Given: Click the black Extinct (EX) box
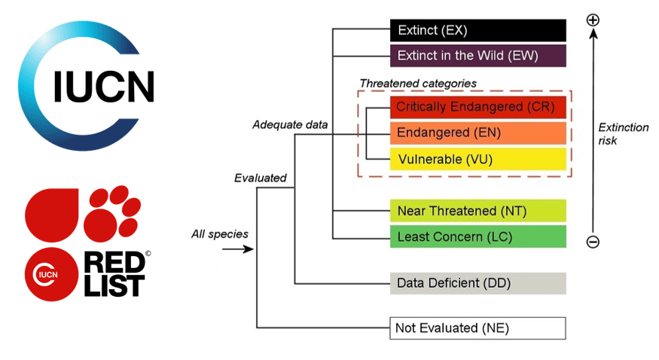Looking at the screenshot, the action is point(477,30).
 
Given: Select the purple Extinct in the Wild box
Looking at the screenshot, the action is point(477,56).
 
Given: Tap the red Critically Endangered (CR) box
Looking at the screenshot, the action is point(477,107).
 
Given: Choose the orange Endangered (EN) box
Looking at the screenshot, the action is point(477,133).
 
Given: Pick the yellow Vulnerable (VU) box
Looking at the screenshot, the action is point(477,159).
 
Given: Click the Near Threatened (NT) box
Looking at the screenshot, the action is point(477,210).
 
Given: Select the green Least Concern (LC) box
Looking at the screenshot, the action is point(477,236).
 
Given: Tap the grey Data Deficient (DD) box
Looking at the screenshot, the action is point(477,283).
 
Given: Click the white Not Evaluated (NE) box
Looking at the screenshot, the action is point(477,328).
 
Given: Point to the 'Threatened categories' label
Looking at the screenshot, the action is point(418,84).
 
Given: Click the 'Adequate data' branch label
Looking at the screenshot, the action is point(290,125).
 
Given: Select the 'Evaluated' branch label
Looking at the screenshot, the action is point(261,178).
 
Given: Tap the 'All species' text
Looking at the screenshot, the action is point(220,234).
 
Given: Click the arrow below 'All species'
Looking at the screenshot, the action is point(238,249).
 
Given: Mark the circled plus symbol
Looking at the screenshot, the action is point(593,20).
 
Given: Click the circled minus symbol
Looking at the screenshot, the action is point(593,242).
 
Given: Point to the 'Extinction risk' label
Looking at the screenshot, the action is point(624,134).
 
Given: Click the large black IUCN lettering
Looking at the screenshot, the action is point(104,87).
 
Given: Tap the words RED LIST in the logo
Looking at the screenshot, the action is point(114,274).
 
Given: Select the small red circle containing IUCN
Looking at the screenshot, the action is point(51,274).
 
